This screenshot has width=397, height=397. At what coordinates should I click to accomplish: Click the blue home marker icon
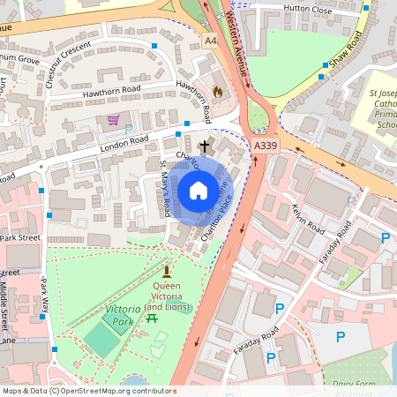click(x=198, y=191)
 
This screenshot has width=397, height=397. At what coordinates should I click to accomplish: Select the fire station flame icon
click(x=218, y=90)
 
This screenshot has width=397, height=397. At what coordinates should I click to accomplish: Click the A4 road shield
click(x=210, y=41)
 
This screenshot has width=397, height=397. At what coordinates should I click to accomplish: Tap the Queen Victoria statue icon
click(x=166, y=271)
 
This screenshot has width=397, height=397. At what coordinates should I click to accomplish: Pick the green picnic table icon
click(x=153, y=318)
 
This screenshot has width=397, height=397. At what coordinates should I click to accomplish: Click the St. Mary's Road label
click(x=164, y=187)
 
